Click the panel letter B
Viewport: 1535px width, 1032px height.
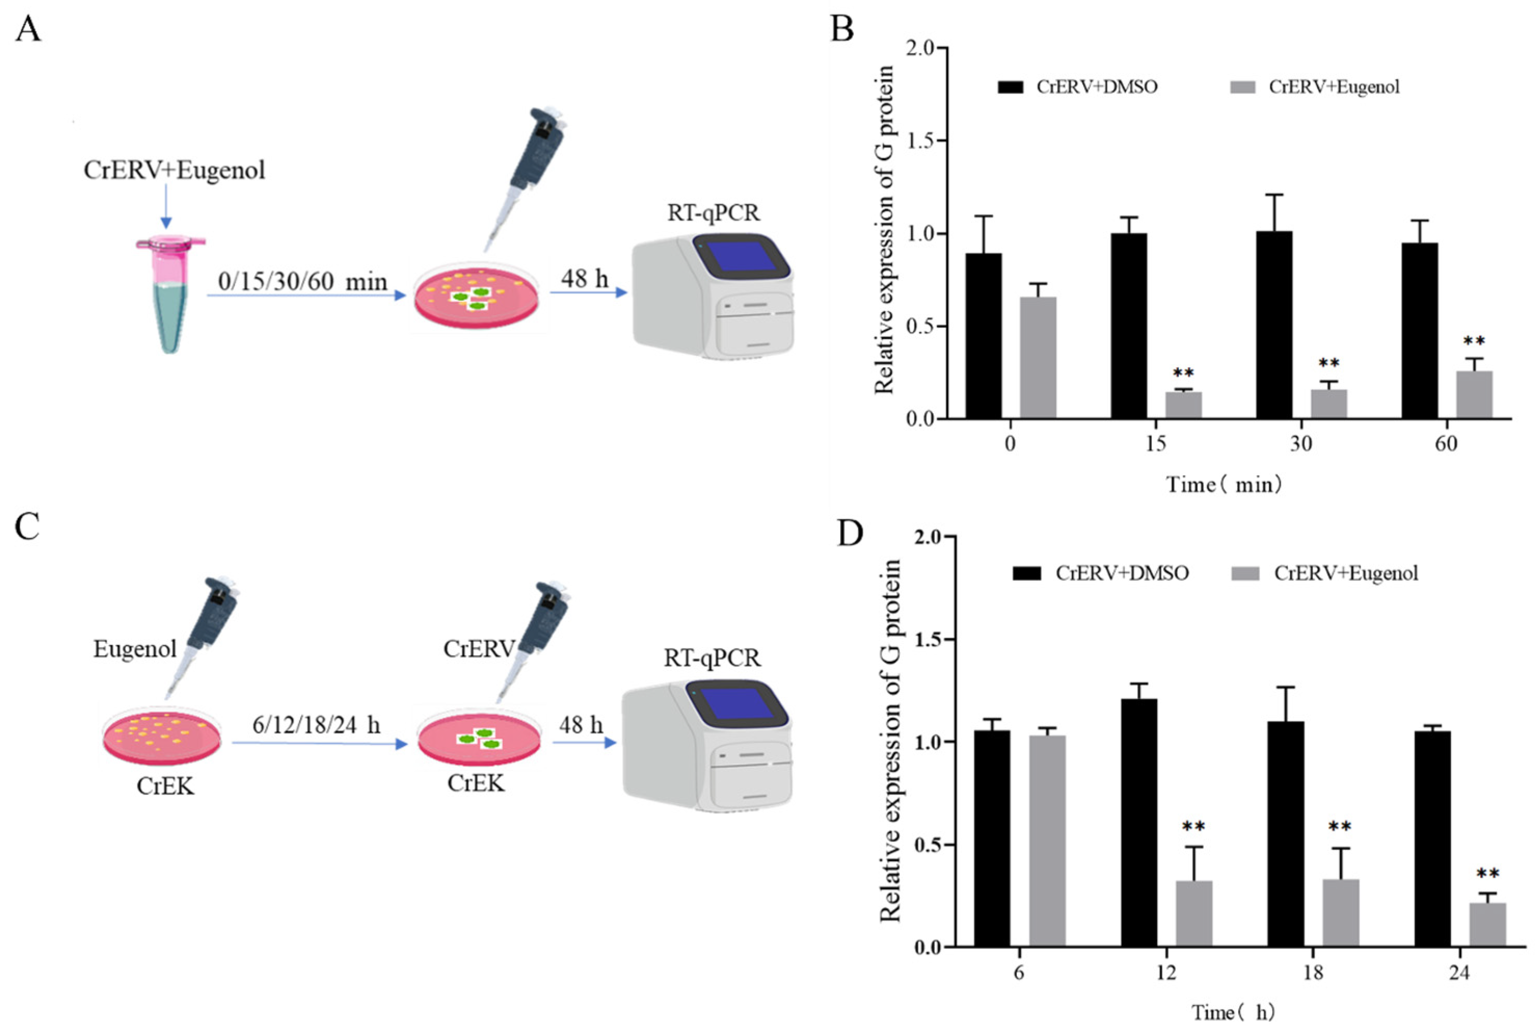point(843,30)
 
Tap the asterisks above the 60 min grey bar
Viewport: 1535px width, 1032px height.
point(1474,341)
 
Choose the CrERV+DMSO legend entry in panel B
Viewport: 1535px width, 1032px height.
point(1079,87)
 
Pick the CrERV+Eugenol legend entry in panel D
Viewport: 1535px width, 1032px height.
point(1325,573)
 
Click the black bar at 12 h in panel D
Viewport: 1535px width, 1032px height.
point(1139,823)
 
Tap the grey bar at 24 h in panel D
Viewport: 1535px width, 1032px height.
point(1487,924)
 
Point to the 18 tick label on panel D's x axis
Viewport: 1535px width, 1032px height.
point(1313,972)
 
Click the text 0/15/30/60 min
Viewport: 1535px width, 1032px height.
point(303,282)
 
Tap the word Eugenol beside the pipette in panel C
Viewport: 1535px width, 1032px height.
point(135,649)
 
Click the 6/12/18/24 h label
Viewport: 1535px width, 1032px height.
point(316,725)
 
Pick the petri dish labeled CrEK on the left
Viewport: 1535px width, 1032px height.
point(162,739)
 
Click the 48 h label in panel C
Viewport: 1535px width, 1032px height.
point(581,725)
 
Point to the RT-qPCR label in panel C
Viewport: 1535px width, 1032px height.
point(712,658)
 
